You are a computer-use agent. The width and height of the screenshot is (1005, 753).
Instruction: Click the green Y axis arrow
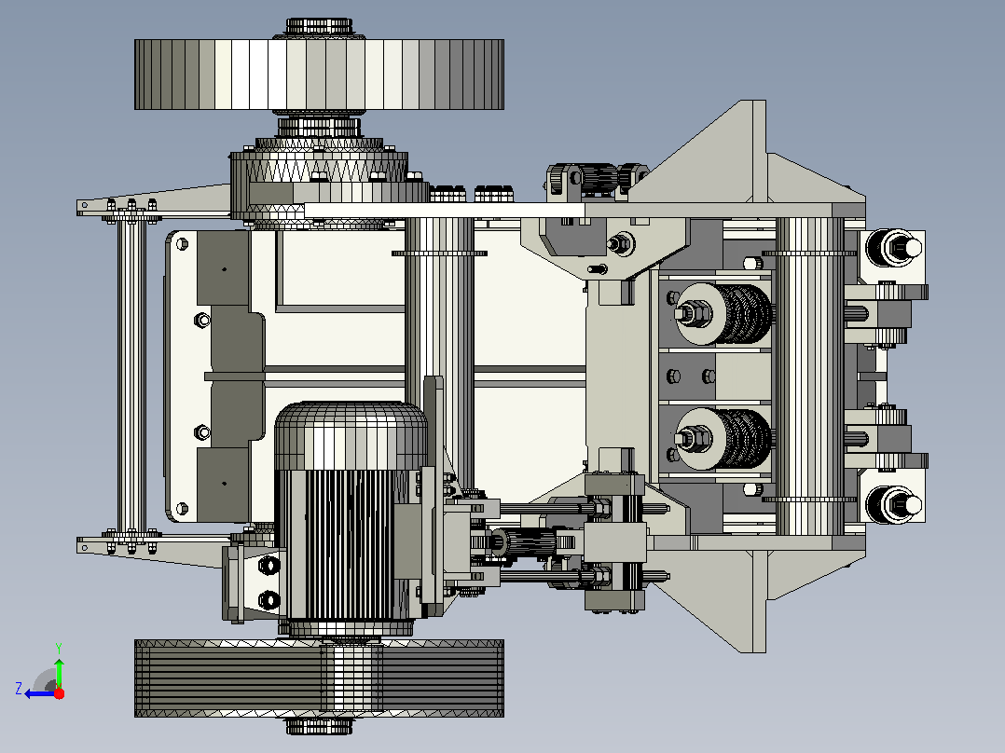coord(59,672)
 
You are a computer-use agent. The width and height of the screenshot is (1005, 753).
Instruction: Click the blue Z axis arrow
coord(40,694)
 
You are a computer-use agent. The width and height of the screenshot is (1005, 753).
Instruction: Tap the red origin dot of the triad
coord(59,693)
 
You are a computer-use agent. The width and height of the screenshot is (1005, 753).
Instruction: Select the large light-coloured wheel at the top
coord(319,75)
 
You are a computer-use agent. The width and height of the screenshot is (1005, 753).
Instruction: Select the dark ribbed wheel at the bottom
coord(319,678)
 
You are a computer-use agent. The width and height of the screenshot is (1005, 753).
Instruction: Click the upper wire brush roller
coord(724,314)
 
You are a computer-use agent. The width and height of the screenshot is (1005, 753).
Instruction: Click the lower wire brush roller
coord(724,439)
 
